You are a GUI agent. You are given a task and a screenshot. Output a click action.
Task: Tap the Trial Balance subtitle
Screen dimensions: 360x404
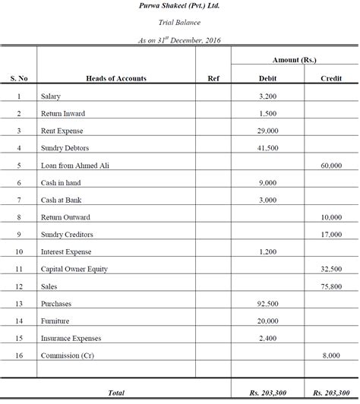coord(180,24)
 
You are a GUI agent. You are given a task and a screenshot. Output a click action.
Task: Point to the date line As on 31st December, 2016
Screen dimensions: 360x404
coord(180,40)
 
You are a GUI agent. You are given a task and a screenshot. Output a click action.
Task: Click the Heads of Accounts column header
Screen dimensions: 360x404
coord(116,78)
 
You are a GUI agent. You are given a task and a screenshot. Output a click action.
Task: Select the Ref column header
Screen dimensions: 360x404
coord(213,78)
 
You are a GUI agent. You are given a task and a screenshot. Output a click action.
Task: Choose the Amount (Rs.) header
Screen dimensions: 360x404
coord(294,59)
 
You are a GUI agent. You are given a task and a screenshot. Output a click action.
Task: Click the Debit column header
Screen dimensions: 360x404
coord(268,78)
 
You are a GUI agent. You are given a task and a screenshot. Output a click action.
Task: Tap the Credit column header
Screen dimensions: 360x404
coord(331,78)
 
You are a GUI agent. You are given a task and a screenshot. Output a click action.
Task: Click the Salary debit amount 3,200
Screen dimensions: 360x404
coord(268,96)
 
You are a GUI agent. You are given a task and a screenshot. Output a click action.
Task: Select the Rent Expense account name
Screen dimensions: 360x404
coord(63,131)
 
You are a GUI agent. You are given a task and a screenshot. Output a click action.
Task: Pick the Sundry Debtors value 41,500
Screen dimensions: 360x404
coord(268,148)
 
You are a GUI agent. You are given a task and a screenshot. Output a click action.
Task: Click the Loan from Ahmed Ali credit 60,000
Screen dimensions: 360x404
coord(331,165)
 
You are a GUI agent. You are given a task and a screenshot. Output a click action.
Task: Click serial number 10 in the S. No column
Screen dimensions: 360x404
coord(18,251)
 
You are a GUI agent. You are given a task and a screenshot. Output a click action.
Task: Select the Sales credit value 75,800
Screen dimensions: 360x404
coord(331,286)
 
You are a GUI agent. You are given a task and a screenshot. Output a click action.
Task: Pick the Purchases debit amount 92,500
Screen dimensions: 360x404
coord(268,303)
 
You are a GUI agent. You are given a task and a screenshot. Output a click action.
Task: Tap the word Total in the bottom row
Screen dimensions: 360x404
coord(116,393)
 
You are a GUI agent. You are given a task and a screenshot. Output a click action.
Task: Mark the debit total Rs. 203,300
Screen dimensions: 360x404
coord(267,393)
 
